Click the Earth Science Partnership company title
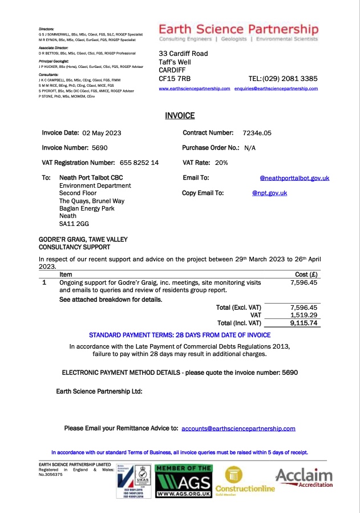click(x=238, y=29)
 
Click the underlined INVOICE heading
click(x=180, y=116)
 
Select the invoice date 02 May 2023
click(x=102, y=133)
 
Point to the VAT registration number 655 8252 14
click(x=139, y=163)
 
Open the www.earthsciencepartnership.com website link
click(x=194, y=89)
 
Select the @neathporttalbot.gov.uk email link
click(x=294, y=178)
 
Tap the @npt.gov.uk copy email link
click(x=269, y=193)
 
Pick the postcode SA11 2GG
click(x=74, y=224)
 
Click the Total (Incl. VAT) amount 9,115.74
click(x=304, y=323)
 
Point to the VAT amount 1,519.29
click(x=304, y=315)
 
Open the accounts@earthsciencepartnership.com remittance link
click(x=238, y=428)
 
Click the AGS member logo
click(x=184, y=482)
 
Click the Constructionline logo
click(x=249, y=482)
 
